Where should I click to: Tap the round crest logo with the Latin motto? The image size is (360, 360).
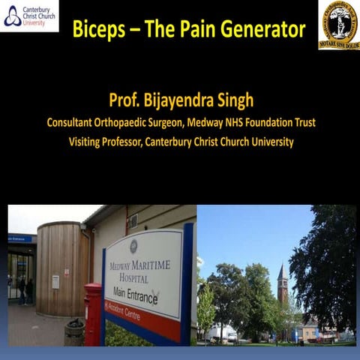(x=337, y=23)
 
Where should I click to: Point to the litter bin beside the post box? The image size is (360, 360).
(x=74, y=331)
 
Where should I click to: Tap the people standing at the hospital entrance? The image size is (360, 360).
(x=25, y=289)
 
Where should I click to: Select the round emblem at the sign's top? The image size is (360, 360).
(x=133, y=247)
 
